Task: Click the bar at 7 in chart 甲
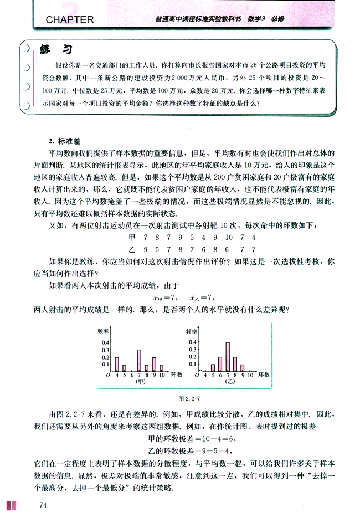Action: (139, 361)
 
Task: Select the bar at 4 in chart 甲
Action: (117, 364)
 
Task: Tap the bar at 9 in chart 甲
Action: (154, 364)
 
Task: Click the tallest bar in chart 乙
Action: (228, 357)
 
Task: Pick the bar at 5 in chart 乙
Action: (213, 368)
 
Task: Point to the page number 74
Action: (43, 505)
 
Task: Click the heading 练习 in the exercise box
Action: (57, 50)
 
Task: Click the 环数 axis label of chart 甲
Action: (176, 375)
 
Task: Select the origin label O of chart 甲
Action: (109, 376)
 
